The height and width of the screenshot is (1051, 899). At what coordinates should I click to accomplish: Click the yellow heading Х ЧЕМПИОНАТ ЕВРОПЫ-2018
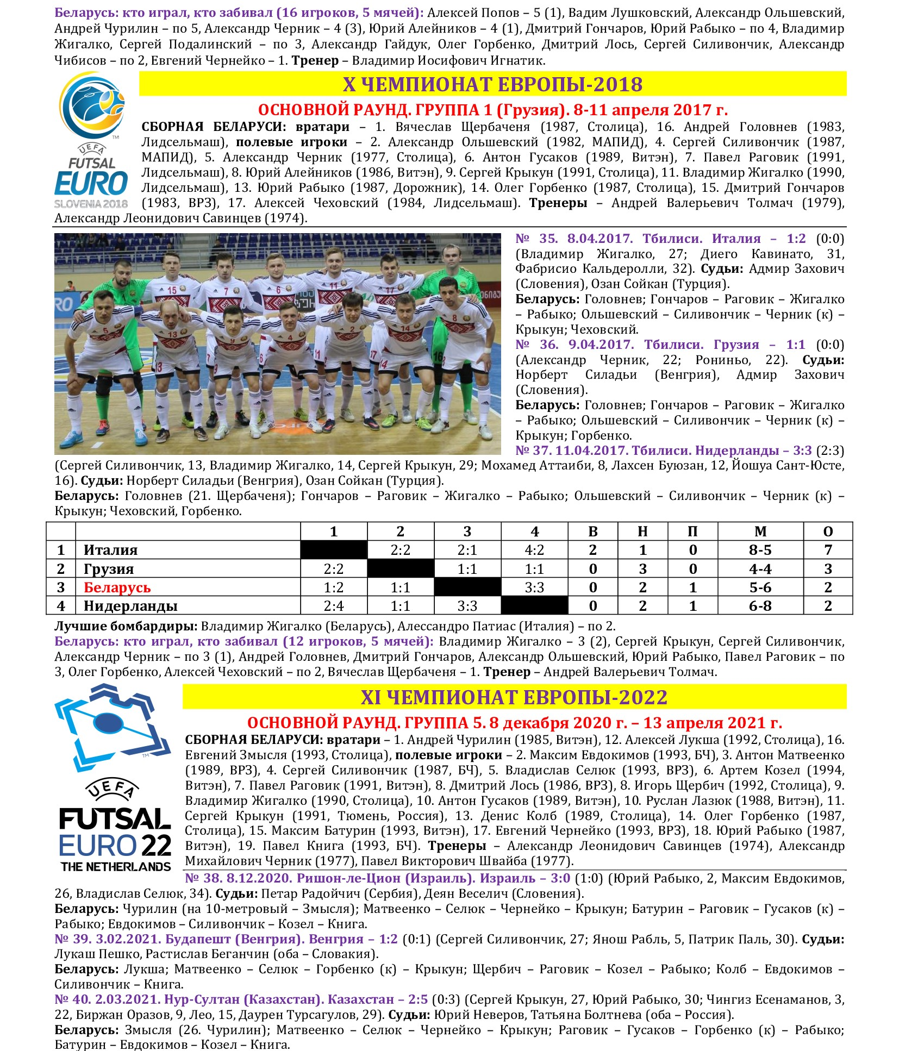pyautogui.click(x=492, y=84)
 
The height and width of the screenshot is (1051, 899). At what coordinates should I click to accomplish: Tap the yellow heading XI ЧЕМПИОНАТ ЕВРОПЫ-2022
pyautogui.click(x=514, y=697)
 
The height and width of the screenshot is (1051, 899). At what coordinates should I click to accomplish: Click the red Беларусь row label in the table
pyautogui.click(x=117, y=587)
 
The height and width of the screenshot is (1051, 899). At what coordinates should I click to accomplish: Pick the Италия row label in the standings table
pyautogui.click(x=110, y=550)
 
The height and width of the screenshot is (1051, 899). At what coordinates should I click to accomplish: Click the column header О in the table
pyautogui.click(x=828, y=531)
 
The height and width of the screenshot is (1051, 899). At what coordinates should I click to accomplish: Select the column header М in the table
pyautogui.click(x=760, y=531)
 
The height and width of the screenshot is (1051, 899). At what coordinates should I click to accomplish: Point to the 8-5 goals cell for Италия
pyautogui.click(x=760, y=550)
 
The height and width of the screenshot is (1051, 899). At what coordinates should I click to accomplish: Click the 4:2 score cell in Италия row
pyautogui.click(x=534, y=550)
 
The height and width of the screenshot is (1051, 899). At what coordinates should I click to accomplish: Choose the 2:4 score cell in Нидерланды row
pyautogui.click(x=334, y=606)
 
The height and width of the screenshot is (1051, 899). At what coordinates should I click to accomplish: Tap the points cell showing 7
pyautogui.click(x=828, y=550)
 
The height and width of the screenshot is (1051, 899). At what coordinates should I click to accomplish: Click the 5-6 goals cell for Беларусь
pyautogui.click(x=760, y=587)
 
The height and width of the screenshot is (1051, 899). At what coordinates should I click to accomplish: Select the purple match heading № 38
pyautogui.click(x=377, y=878)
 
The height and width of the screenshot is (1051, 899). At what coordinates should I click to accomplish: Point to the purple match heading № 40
pyautogui.click(x=241, y=999)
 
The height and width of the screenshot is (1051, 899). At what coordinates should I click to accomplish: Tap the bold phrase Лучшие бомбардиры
pyautogui.click(x=127, y=626)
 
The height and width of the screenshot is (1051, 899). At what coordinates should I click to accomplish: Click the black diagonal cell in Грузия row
pyautogui.click(x=401, y=569)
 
